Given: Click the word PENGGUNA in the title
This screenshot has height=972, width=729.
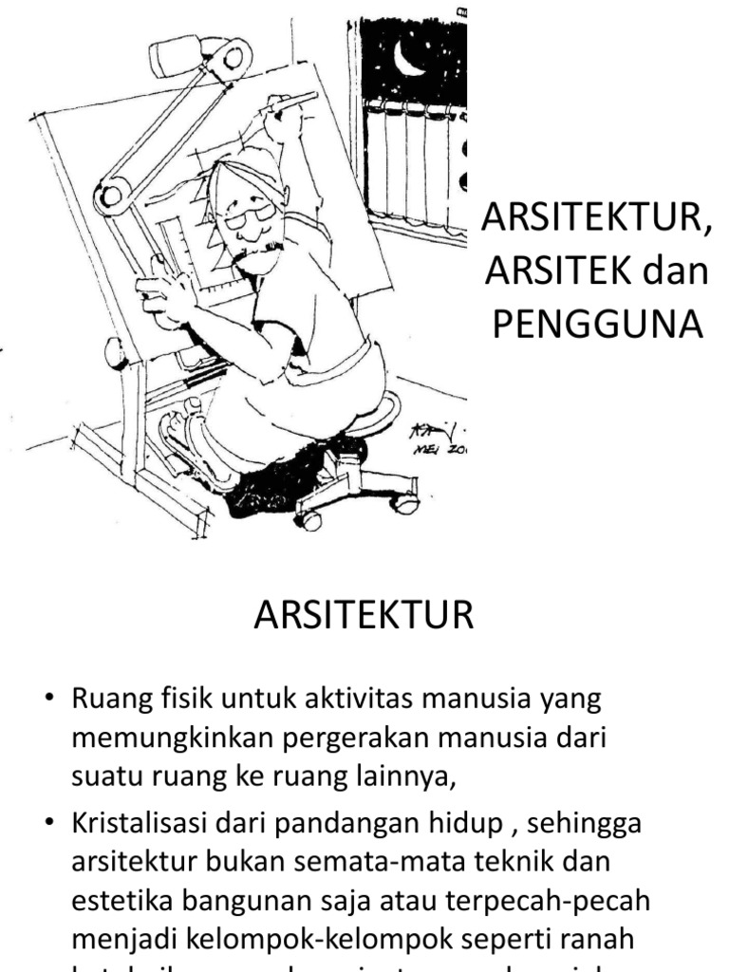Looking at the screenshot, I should [596, 325].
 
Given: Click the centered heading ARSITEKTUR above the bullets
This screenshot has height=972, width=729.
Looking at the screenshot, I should [364, 616].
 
